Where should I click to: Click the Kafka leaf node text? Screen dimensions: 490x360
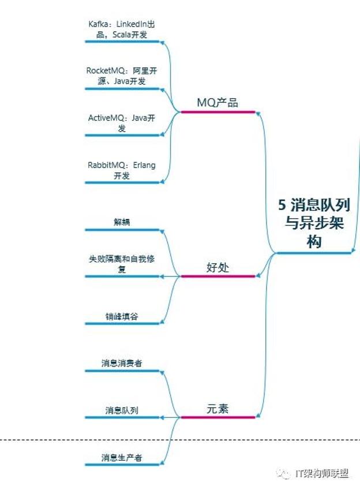click(122, 29)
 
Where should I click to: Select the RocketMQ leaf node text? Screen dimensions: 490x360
click(122, 76)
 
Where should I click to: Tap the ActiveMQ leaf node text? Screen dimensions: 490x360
click(122, 122)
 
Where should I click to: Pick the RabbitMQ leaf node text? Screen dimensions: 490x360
click(122, 170)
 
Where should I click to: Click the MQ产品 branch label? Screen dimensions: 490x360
click(217, 103)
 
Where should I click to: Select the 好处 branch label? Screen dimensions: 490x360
click(217, 267)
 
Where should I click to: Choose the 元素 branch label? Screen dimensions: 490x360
click(217, 408)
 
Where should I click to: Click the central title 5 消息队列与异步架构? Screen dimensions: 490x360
click(314, 223)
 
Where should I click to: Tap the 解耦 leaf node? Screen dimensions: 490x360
click(122, 222)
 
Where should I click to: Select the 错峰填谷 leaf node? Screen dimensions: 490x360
click(122, 316)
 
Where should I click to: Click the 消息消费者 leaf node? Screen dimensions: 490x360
click(122, 363)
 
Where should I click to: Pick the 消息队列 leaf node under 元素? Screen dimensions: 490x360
click(122, 410)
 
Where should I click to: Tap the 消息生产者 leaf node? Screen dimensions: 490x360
click(122, 458)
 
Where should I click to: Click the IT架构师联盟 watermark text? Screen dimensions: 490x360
click(322, 473)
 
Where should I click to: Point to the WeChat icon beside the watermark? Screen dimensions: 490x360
click(284, 473)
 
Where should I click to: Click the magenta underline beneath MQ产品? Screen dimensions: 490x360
click(217, 112)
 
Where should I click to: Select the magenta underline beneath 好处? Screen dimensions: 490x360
click(217, 276)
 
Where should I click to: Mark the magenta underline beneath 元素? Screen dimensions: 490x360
click(217, 417)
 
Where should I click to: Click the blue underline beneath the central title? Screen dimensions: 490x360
click(314, 253)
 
